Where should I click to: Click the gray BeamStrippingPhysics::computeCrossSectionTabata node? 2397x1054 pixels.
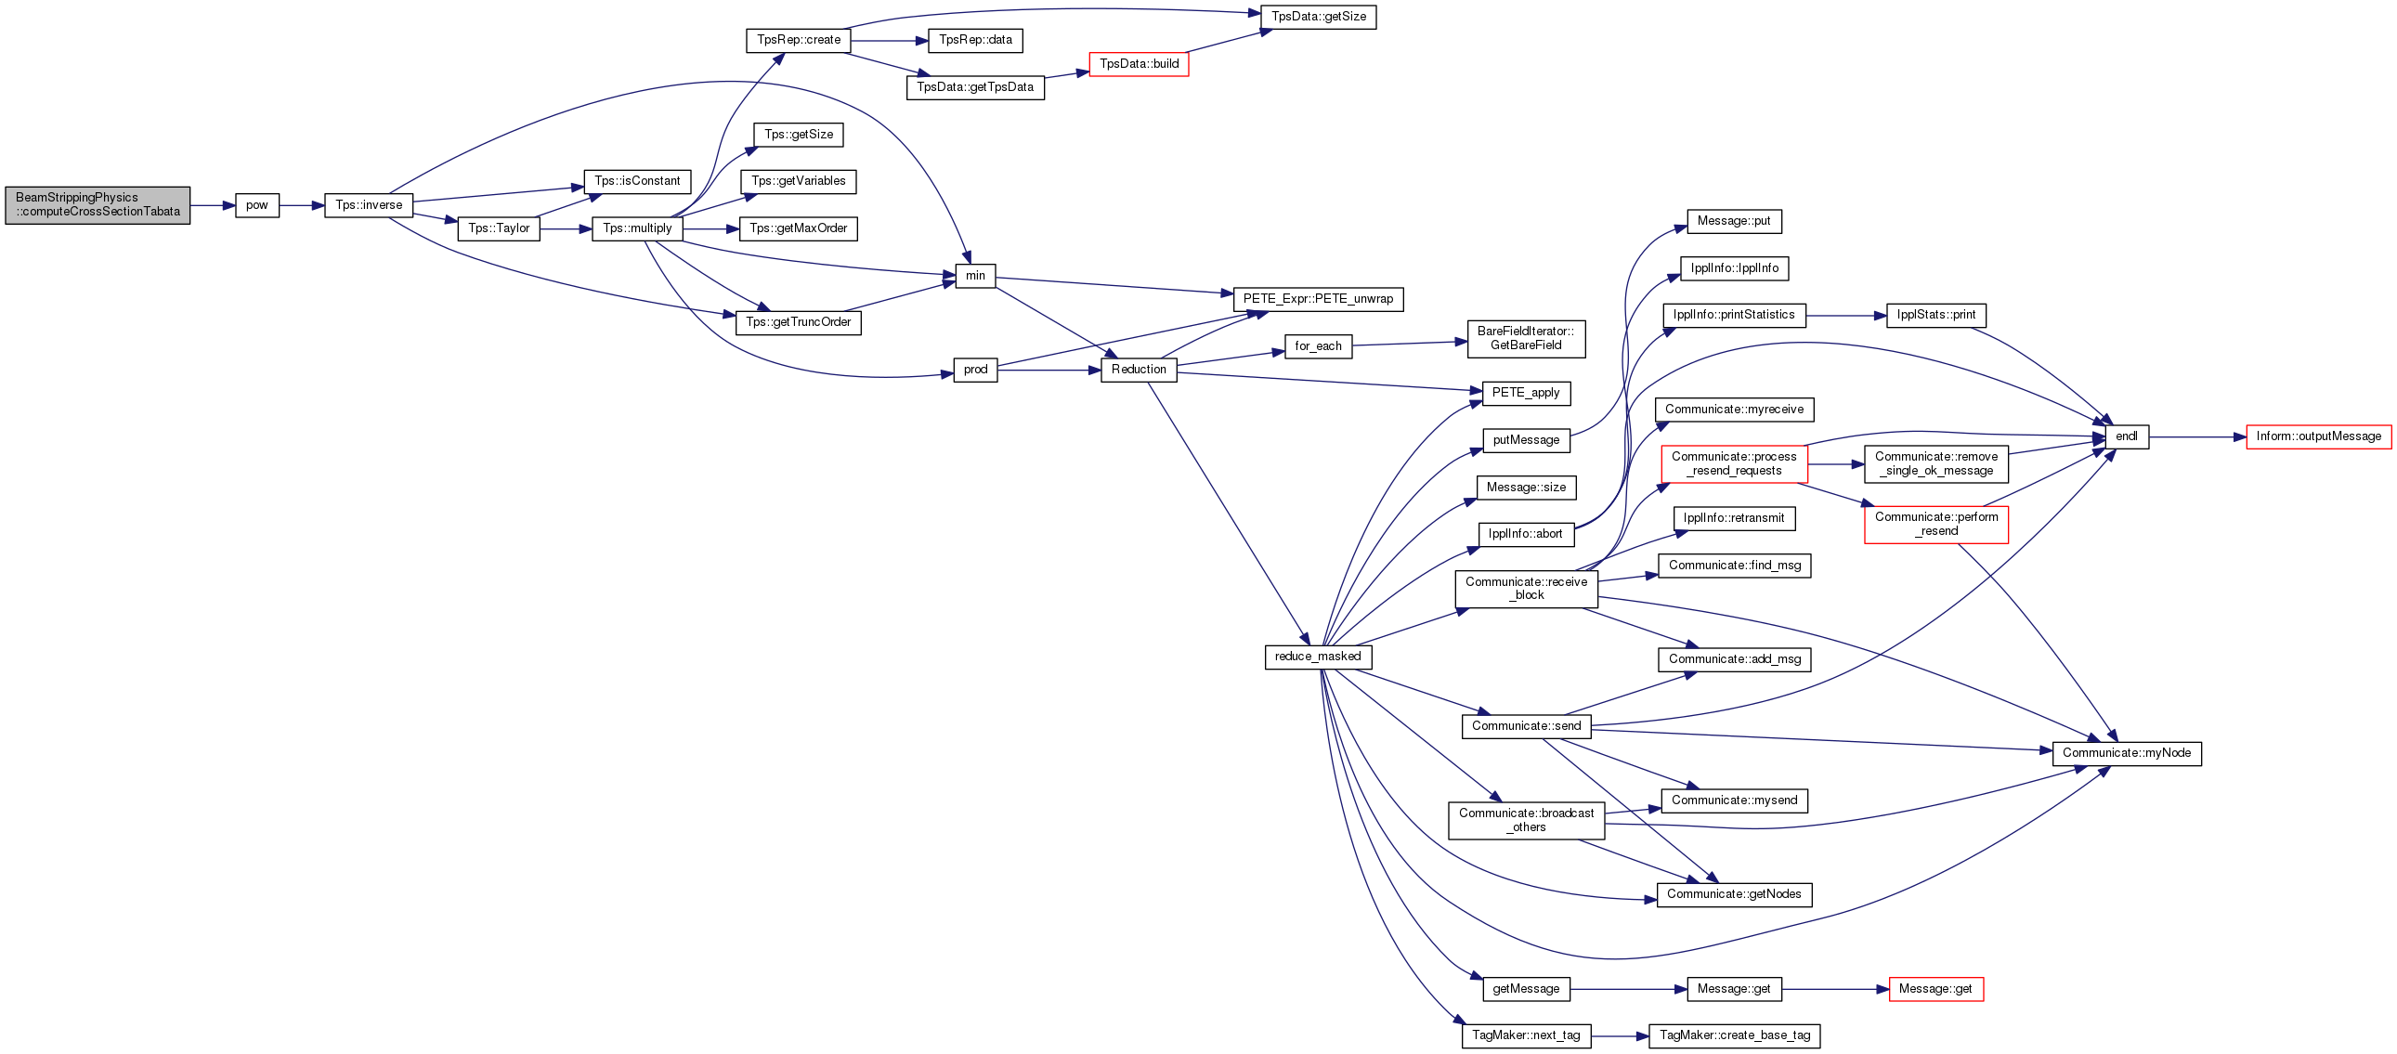(x=98, y=204)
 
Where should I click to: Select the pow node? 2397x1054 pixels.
(x=257, y=204)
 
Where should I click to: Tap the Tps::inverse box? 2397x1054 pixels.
(x=369, y=204)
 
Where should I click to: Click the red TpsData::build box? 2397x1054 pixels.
(x=1139, y=64)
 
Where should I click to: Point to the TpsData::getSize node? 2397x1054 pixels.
(x=1319, y=17)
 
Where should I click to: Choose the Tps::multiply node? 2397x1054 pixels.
(x=637, y=228)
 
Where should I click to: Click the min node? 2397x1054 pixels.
(x=975, y=276)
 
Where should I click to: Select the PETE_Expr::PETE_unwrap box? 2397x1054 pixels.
(x=1319, y=299)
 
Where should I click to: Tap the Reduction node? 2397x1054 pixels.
(x=1139, y=370)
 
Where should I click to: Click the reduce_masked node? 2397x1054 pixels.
(x=1318, y=657)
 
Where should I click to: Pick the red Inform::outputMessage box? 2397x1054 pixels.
(x=2319, y=436)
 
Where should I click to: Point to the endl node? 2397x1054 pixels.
(x=2127, y=436)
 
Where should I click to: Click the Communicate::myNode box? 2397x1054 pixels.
(x=2127, y=753)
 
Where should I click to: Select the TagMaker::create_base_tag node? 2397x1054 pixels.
(x=1735, y=1035)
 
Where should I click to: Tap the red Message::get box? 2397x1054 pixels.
(x=1935, y=989)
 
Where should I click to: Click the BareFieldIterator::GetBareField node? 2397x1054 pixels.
(x=1526, y=339)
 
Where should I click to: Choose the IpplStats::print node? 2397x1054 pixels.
(x=1936, y=316)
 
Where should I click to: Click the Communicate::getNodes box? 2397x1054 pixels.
(x=1735, y=895)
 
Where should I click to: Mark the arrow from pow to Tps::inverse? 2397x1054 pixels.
(x=302, y=204)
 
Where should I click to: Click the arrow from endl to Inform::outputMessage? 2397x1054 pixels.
(x=2198, y=436)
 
